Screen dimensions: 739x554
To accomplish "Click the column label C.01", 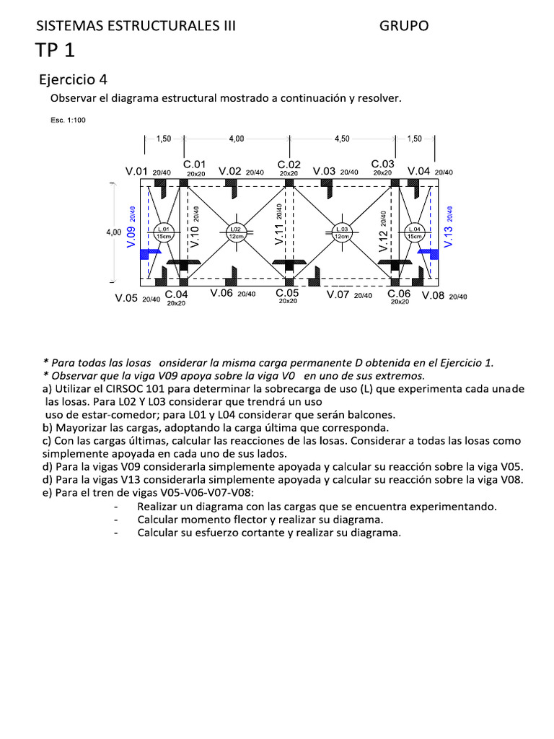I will [195, 165].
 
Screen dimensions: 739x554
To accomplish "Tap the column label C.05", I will [288, 293].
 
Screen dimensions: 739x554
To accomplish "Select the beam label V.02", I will [230, 171].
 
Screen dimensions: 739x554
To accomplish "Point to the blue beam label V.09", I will [131, 235].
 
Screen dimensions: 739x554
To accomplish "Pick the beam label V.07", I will [339, 294].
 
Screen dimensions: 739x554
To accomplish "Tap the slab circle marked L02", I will [235, 232].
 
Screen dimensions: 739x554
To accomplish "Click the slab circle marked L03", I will [341, 232].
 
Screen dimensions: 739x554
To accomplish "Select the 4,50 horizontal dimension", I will [342, 139].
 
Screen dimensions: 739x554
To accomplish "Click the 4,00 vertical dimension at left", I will [113, 232].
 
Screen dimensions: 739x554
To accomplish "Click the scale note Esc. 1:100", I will [67, 121].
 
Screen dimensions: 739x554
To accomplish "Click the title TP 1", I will [55, 51].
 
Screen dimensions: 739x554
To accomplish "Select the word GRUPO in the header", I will [404, 26].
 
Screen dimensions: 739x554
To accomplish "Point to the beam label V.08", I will [434, 295].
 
